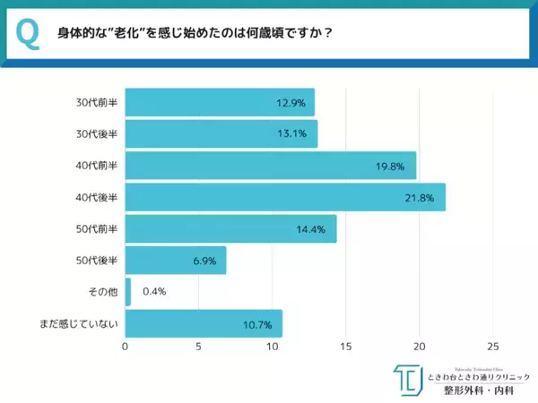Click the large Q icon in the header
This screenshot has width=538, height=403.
(x=28, y=33)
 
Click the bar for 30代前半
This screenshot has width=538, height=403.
(x=219, y=103)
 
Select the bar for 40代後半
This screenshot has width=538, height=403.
(x=285, y=197)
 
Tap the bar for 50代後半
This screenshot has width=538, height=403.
(x=175, y=260)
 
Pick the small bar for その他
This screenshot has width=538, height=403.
(x=127, y=291)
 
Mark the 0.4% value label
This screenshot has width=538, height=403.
(x=154, y=291)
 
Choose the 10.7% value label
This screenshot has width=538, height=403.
(x=257, y=322)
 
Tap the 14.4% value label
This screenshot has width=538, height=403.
(x=310, y=228)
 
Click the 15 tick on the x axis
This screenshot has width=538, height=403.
(x=346, y=347)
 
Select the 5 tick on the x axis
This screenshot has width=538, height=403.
(x=198, y=347)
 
